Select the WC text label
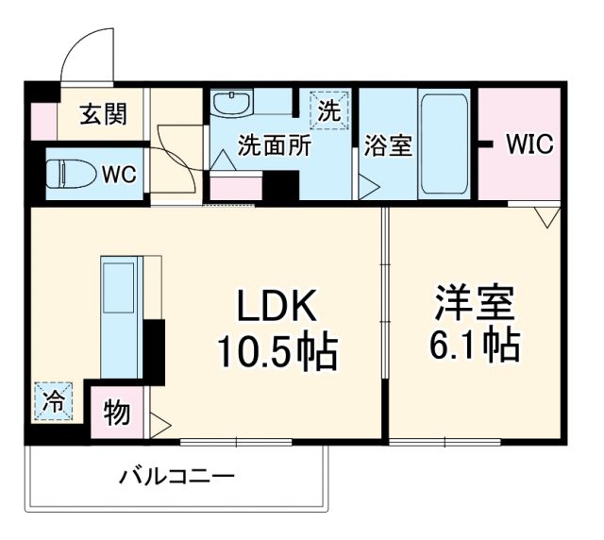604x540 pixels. pos(119,175)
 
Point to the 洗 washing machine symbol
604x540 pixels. pos(328,109)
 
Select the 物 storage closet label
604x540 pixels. pos(117,413)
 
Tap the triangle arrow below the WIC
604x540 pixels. pos(545,219)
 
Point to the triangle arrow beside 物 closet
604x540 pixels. pos(158,421)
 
